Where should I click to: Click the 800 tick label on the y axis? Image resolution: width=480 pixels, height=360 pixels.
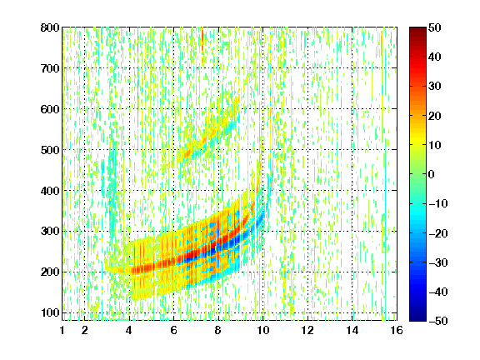coord(50,27)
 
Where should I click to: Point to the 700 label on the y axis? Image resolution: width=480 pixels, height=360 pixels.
coord(50,68)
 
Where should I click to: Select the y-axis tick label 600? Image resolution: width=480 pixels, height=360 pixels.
coord(50,109)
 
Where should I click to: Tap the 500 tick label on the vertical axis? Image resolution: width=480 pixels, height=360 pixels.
coord(50,150)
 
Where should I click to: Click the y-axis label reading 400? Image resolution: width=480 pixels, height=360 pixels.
coord(50,191)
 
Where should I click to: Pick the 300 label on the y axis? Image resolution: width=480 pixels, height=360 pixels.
coord(50,232)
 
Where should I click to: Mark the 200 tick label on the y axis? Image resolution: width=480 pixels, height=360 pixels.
coord(50,272)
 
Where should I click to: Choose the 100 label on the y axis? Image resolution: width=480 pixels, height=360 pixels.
coord(50,312)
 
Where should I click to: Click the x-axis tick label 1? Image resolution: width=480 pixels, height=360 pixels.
coord(62,330)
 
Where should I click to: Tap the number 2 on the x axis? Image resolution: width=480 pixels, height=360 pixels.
coord(85,330)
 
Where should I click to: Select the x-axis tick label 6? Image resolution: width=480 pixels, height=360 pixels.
coord(174,330)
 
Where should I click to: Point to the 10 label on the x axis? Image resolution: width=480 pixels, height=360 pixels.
coord(263,330)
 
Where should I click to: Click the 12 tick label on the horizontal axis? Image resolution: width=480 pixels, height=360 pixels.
coord(307,330)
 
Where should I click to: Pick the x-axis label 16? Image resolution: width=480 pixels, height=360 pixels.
coord(397,330)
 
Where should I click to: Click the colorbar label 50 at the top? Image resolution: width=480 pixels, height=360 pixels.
coord(434,27)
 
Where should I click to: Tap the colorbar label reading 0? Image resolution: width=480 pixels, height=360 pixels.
coord(432,174)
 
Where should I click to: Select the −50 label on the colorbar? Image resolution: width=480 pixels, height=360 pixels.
coord(438,321)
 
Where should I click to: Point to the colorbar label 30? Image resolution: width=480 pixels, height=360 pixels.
coord(434,87)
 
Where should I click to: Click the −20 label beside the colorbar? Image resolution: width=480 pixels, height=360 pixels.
coord(438,233)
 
